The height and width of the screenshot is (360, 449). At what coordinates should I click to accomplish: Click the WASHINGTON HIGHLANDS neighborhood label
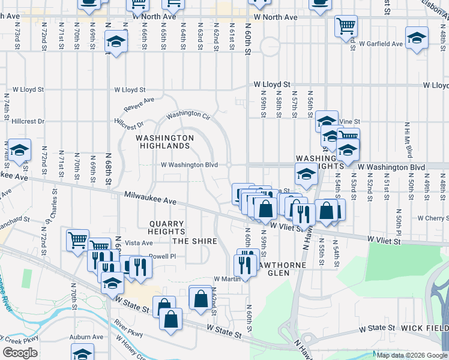click(x=164, y=142)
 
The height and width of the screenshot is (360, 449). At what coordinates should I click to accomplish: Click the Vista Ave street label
click(x=139, y=243)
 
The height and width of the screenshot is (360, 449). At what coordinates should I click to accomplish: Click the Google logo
click(x=20, y=353)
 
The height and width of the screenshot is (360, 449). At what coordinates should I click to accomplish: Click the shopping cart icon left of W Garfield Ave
click(x=345, y=26)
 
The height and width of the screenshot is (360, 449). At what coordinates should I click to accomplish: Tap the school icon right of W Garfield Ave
click(x=417, y=38)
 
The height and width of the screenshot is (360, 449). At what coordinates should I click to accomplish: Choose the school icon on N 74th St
click(x=19, y=150)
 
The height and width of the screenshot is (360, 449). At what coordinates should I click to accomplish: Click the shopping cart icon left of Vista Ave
click(x=77, y=240)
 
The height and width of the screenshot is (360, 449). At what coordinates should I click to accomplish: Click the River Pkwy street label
click(x=127, y=329)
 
